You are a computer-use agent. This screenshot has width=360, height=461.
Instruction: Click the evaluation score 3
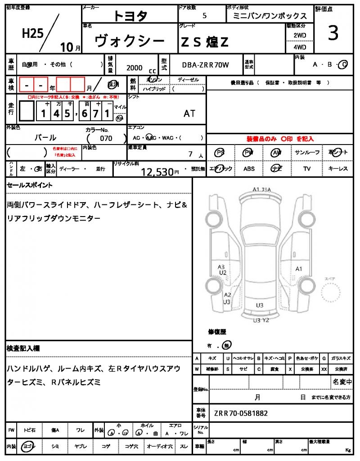click(x=333, y=33)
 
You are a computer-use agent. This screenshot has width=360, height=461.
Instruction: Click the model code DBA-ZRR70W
click(x=205, y=65)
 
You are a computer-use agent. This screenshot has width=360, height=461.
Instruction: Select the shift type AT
click(x=189, y=113)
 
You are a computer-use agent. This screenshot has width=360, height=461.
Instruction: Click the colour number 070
click(x=106, y=139)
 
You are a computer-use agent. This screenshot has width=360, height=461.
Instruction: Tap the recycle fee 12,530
click(x=157, y=172)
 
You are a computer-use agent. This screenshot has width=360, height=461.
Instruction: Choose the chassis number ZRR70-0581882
click(x=241, y=413)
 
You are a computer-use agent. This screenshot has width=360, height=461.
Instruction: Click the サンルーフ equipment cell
click(x=307, y=153)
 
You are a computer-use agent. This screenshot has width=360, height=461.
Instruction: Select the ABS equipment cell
click(x=249, y=168)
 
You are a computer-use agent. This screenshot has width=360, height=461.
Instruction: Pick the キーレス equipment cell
click(x=337, y=168)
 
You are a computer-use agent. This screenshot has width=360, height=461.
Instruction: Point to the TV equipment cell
click(x=307, y=168)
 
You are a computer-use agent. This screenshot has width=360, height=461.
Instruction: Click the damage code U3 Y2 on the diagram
click(x=261, y=320)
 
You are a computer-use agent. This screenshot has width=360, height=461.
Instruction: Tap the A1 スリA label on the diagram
click(x=261, y=190)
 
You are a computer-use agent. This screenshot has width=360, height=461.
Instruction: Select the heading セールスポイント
click(x=30, y=185)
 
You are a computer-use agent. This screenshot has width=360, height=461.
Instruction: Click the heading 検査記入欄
click(x=23, y=348)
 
